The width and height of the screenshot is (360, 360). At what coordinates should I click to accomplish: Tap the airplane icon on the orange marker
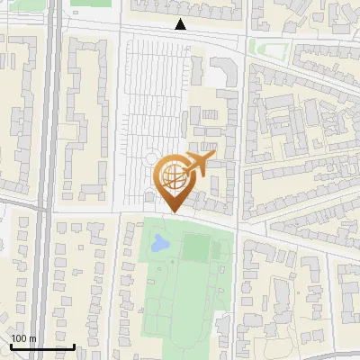198,163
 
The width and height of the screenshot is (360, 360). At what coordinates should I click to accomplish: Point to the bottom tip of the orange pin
172,212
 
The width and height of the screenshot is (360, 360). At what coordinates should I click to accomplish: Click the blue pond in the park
159,242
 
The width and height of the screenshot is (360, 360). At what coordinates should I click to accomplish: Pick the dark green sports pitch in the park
195,247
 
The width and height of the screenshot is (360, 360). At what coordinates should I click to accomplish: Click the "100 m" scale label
23,338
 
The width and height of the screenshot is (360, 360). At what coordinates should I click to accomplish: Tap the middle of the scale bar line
41,346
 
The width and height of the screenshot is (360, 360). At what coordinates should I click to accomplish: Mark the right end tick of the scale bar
74,346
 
